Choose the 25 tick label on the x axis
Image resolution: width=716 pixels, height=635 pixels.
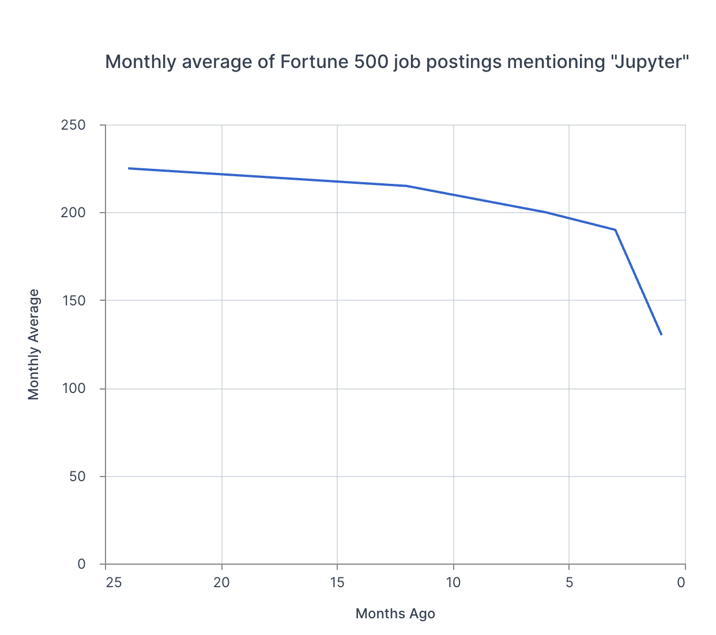[114, 583]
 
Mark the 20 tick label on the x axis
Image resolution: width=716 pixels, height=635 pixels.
[221, 583]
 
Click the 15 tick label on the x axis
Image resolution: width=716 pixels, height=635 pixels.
[337, 583]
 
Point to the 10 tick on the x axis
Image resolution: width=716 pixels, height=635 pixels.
[453, 583]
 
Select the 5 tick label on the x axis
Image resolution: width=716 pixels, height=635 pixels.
[569, 583]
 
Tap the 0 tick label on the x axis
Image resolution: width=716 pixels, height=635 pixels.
[681, 583]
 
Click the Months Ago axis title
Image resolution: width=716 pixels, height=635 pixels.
[395, 614]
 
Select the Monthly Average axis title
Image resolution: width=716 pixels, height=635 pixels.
[34, 345]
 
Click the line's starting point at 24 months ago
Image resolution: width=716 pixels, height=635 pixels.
[129, 168]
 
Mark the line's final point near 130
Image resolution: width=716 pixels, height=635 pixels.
[661, 335]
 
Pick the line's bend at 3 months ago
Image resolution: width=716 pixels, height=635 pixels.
[616, 230]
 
